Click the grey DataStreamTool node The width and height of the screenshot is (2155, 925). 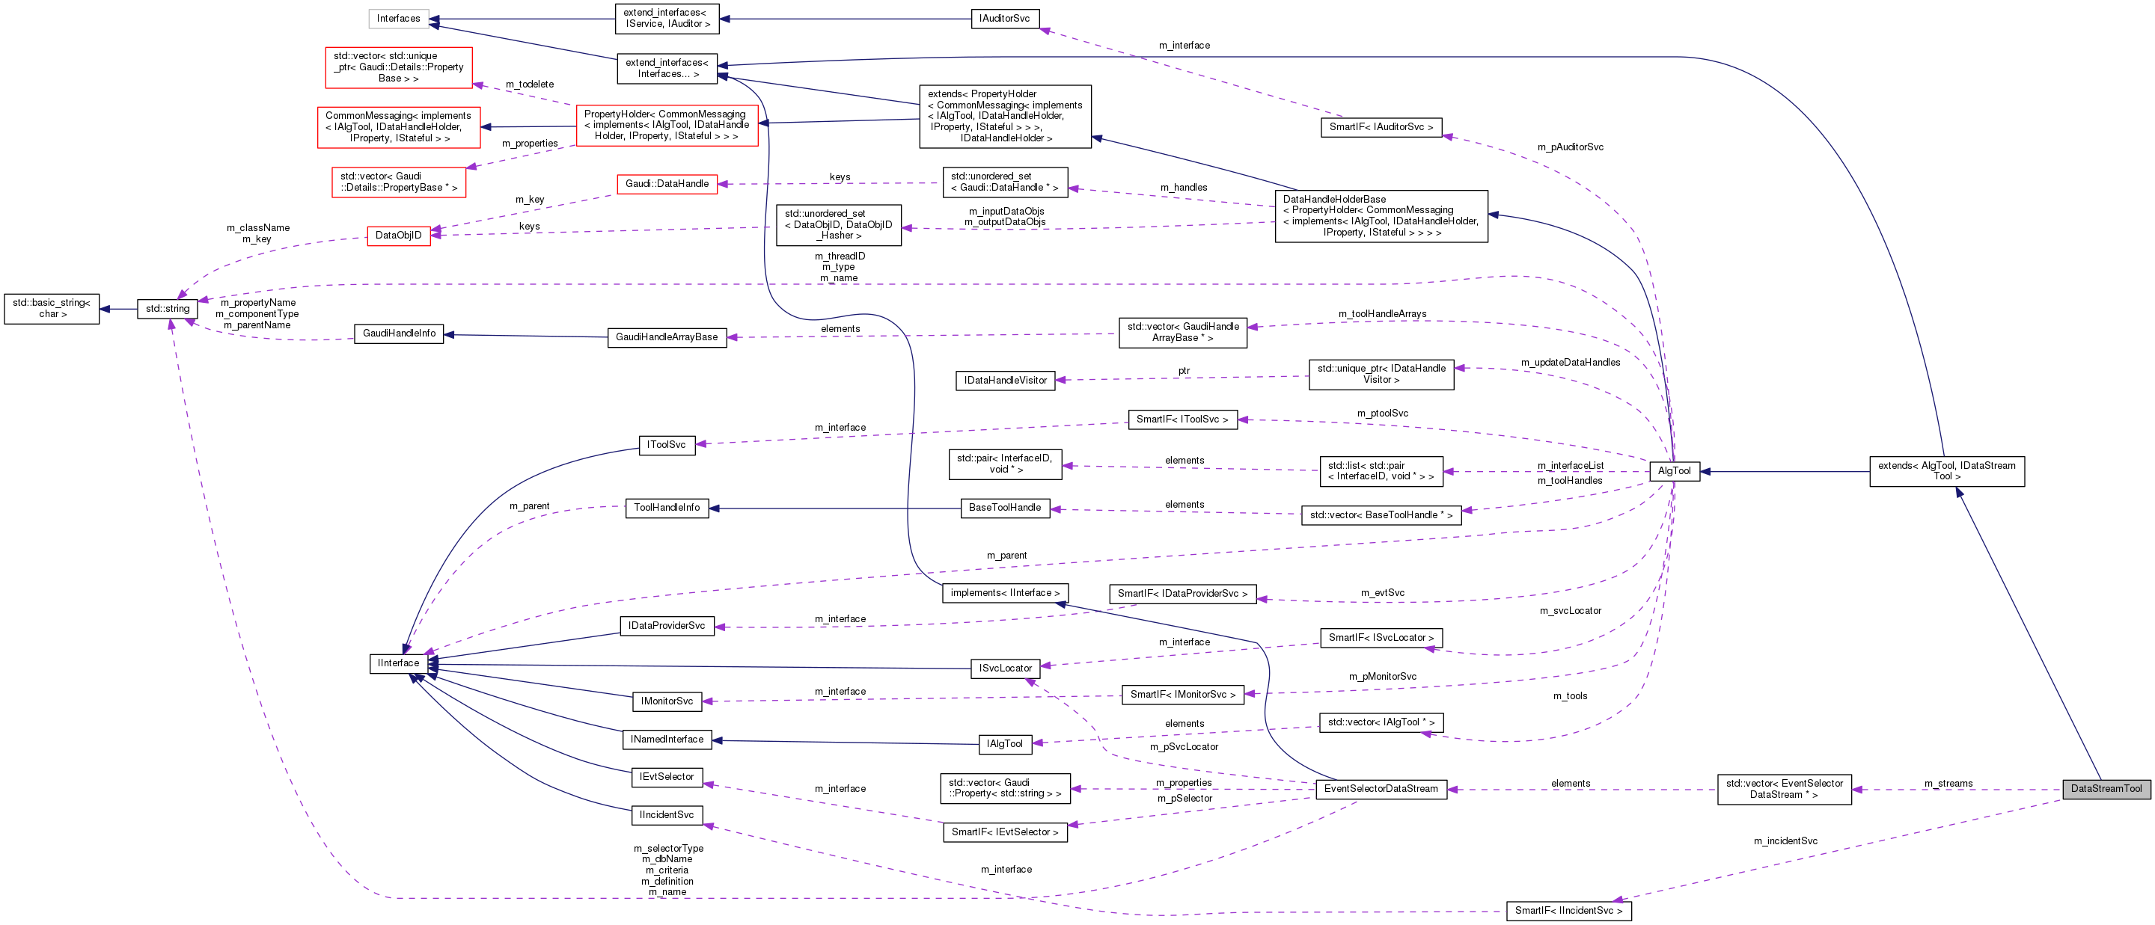[2106, 789]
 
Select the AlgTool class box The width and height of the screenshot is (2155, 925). [1674, 471]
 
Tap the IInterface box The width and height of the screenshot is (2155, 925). [398, 663]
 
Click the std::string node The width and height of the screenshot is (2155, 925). [168, 309]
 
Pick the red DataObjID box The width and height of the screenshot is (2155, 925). [398, 235]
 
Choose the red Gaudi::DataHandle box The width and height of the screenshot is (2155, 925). [667, 184]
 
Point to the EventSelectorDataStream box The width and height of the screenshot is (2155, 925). [1381, 789]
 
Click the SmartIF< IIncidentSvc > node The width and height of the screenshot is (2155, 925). [1568, 911]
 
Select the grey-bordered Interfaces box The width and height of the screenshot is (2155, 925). [398, 19]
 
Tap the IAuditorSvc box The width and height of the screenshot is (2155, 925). [1005, 19]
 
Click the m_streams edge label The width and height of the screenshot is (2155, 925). [1948, 784]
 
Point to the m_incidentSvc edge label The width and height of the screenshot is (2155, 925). [1785, 841]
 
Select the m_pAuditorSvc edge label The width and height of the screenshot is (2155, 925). [1571, 147]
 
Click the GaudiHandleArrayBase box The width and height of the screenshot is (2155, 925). [667, 337]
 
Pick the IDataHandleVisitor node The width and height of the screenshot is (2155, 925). [1005, 381]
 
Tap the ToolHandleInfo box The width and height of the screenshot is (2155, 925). [667, 508]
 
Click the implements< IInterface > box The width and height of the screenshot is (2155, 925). [1005, 593]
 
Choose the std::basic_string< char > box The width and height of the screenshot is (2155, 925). [52, 309]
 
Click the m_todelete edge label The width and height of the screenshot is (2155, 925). [530, 84]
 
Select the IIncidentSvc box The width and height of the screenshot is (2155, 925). [667, 814]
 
